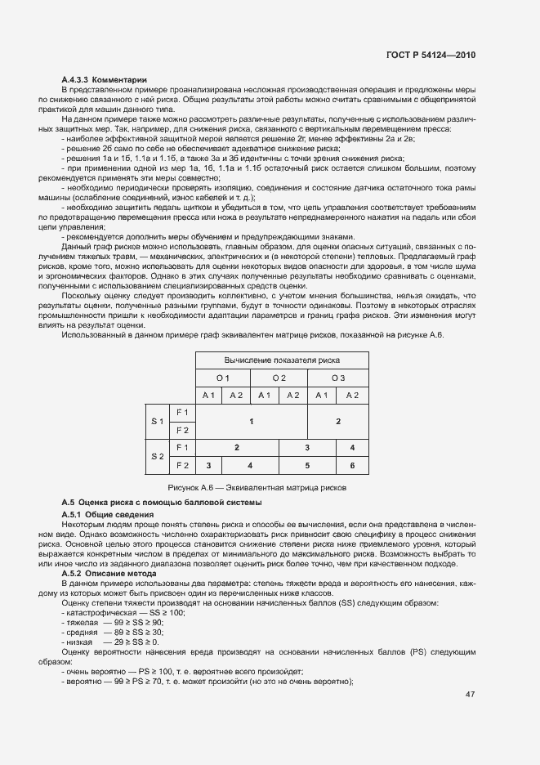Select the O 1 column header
tap(223, 378)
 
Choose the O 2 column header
tap(279, 378)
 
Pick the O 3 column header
tap(338, 378)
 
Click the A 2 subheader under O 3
tap(353, 395)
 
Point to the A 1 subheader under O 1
tap(208, 395)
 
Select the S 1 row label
tap(157, 421)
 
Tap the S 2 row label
tap(157, 456)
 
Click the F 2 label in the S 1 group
tap(182, 430)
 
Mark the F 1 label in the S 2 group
tap(182, 448)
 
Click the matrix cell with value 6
tap(353, 465)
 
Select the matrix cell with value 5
tap(307, 465)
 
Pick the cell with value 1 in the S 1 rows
tap(251, 421)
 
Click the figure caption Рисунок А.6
tap(269, 487)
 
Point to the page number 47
tap(470, 695)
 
